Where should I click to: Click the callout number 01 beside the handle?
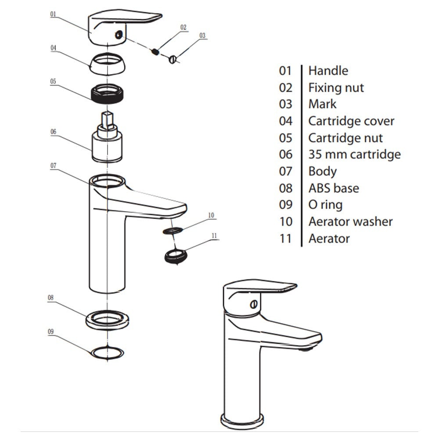[x=53, y=14]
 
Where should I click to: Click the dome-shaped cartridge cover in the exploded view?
[x=107, y=64]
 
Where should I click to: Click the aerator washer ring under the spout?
[x=173, y=230]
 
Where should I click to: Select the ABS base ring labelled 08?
[x=108, y=318]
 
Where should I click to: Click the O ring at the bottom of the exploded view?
[x=107, y=352]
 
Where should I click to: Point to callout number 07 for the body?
[x=53, y=166]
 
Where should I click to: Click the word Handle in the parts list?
[x=328, y=71]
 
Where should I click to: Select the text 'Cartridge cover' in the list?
[x=351, y=121]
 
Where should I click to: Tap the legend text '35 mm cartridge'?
[x=354, y=154]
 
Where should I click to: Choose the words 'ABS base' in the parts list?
[x=333, y=188]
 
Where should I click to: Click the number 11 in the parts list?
[x=285, y=238]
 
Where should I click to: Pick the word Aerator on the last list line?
[x=329, y=238]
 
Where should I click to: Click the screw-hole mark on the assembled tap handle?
[x=253, y=304]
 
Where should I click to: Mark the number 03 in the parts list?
[x=285, y=104]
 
